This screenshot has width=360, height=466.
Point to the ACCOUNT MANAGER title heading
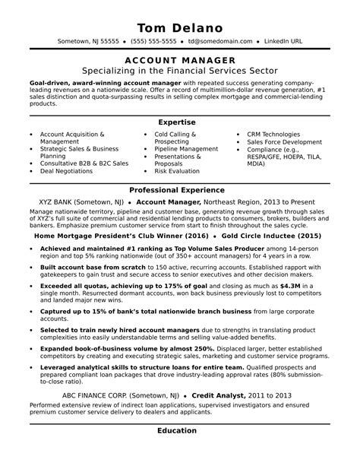pyautogui.click(x=180, y=59)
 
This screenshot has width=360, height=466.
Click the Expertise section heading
pyautogui.click(x=180, y=122)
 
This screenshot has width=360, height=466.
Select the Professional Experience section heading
pyautogui.click(x=180, y=189)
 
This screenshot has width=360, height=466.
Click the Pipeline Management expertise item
pyautogui.click(x=186, y=149)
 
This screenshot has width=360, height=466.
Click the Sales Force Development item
pyautogui.click(x=285, y=141)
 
